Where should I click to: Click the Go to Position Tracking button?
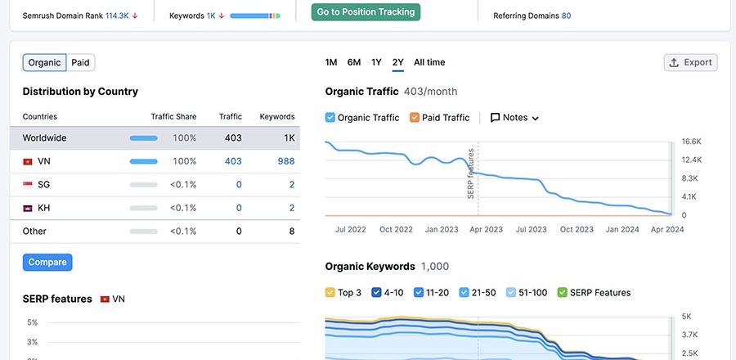coord(366,12)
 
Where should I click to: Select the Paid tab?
coord(80,63)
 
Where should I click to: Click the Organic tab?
coord(44,63)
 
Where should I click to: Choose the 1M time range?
coord(331,63)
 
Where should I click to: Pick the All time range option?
coord(429,63)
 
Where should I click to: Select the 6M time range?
coord(354,63)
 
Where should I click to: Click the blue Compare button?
coord(47,263)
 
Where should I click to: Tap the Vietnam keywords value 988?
coord(285,162)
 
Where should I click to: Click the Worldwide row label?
coord(44,138)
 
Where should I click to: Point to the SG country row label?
coord(43,185)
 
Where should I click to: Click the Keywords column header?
coord(277,117)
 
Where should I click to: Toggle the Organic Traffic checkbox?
coord(330,118)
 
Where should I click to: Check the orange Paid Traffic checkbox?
coord(415,118)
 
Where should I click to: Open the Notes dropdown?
coord(514,118)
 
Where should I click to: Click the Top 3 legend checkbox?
coord(330,293)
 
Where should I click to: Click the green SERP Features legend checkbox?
coord(563,293)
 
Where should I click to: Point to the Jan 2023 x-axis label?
coord(442,230)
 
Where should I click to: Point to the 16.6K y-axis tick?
coord(691,142)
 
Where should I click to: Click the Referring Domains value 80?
coord(566,16)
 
